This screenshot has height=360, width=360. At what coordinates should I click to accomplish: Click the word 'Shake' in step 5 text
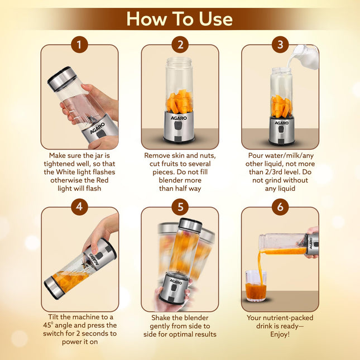pos(163,317)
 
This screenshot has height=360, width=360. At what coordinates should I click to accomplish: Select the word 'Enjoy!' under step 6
pos(280,335)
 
